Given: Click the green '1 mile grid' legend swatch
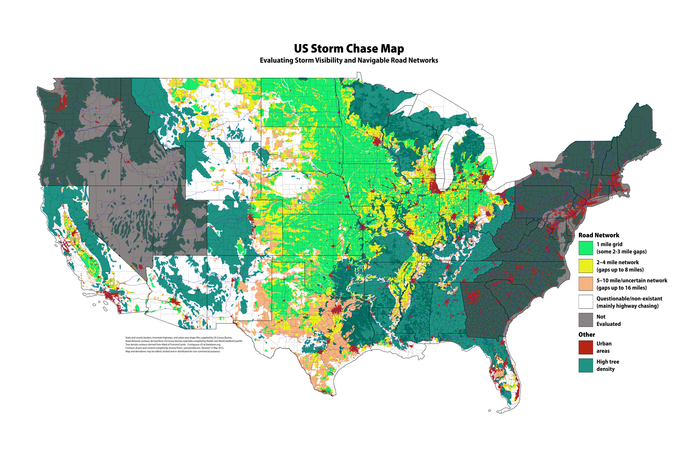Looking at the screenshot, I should click(x=586, y=248).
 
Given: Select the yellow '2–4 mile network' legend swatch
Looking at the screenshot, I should click(x=586, y=266).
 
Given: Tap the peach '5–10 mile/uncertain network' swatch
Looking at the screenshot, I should click(x=586, y=284).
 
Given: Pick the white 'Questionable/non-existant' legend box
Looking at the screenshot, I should click(x=586, y=302).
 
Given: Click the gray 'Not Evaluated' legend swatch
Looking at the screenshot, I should click(x=586, y=320).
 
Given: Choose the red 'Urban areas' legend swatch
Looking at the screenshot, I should click(x=586, y=347).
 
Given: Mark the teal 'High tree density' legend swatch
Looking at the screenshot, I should click(x=586, y=365).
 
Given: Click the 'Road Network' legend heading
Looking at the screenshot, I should click(x=599, y=235).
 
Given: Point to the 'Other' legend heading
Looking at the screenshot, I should click(x=587, y=334).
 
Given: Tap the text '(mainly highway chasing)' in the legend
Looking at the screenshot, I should click(x=627, y=306).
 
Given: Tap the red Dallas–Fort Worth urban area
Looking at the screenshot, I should click(x=336, y=311).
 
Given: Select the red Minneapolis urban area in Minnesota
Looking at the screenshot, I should click(x=377, y=142).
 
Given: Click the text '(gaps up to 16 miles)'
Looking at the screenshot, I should click(x=621, y=288).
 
